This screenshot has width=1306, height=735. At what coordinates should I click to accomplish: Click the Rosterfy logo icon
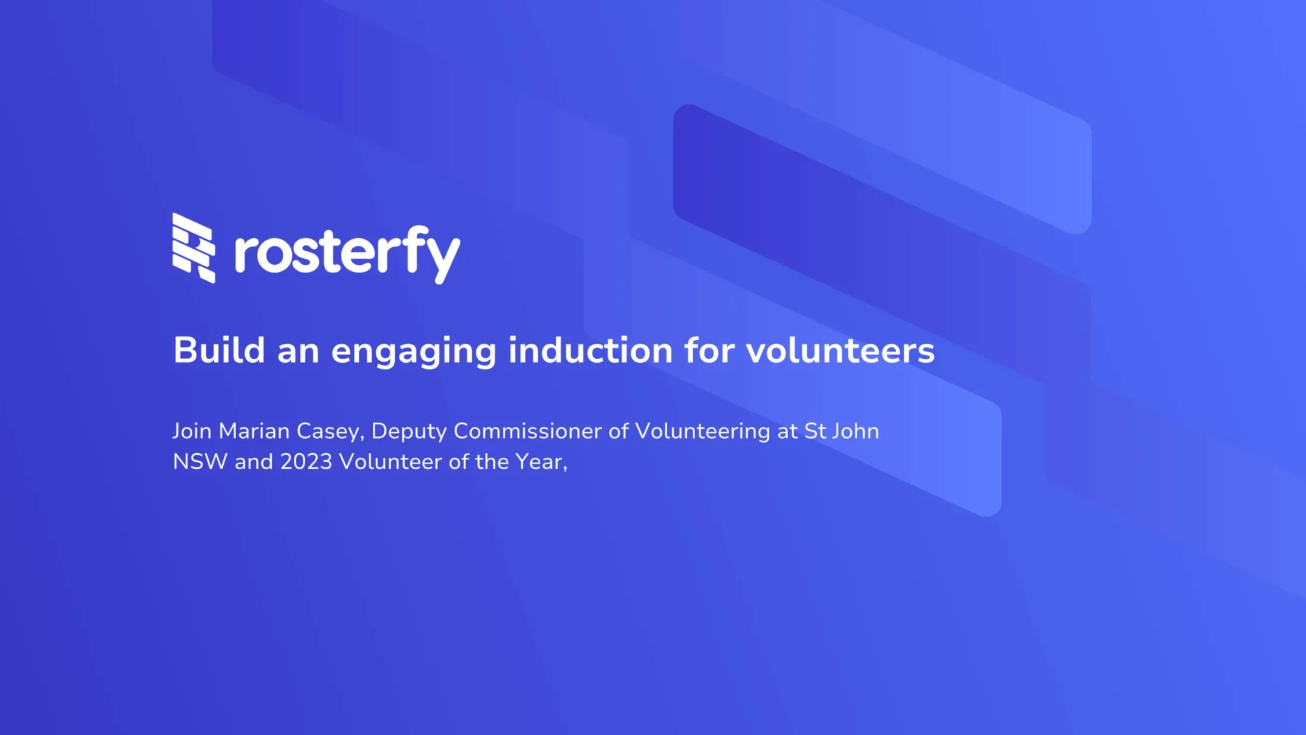(x=194, y=248)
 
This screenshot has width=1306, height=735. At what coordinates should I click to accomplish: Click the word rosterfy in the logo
(x=347, y=254)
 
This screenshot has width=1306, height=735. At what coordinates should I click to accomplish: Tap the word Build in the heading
(x=219, y=350)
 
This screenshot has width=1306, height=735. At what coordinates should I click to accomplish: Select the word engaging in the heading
(x=413, y=352)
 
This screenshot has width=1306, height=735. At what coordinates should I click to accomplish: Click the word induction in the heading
(x=590, y=350)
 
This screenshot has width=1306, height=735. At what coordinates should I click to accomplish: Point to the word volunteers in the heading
(x=840, y=350)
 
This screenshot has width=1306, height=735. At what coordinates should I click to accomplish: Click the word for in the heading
(x=709, y=350)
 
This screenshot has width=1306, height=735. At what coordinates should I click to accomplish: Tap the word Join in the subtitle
(x=192, y=431)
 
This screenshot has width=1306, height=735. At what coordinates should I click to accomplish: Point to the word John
(x=855, y=431)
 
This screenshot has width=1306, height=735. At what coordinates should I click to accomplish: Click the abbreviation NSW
(x=200, y=462)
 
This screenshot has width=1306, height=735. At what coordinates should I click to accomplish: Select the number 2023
(x=306, y=462)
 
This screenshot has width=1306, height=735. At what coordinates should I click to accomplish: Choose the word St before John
(x=815, y=431)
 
